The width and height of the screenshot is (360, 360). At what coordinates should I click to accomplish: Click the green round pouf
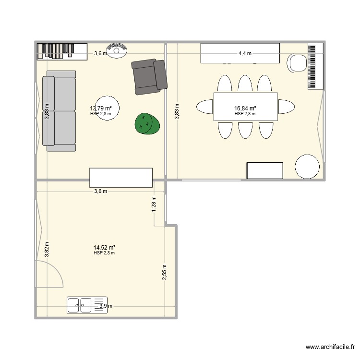(147, 123)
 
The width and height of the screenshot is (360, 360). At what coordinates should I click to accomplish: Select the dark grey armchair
(149, 76)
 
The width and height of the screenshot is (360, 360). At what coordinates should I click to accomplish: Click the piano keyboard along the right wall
(315, 66)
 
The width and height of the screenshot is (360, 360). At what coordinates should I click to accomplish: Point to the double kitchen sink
(80, 304)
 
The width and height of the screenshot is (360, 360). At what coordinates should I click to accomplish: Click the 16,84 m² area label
(245, 108)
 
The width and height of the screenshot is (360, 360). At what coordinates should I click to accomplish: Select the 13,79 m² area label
(101, 108)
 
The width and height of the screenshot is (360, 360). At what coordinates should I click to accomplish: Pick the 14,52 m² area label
(104, 247)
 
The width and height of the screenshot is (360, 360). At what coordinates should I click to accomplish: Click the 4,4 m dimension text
(245, 53)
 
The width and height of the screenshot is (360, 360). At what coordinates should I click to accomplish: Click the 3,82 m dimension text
(47, 250)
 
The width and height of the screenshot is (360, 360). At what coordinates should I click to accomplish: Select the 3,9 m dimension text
(106, 306)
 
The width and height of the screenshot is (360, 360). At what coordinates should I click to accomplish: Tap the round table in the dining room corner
(307, 167)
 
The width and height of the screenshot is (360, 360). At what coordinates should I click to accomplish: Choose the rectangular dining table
(245, 107)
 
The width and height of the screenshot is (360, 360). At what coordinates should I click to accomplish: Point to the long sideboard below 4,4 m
(240, 53)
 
